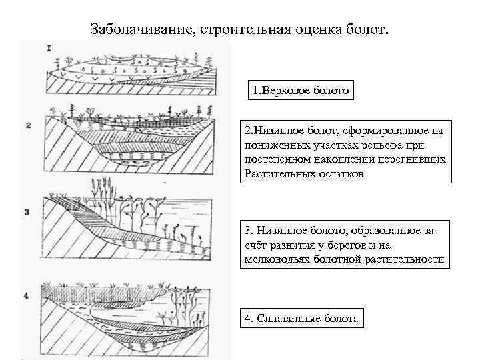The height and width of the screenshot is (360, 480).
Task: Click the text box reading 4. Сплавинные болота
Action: tap(301, 319)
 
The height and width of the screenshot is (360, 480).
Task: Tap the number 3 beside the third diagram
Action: tap(27, 212)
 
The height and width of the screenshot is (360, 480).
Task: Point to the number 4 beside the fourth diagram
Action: tap(27, 293)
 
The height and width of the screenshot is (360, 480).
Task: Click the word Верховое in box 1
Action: tap(289, 90)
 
